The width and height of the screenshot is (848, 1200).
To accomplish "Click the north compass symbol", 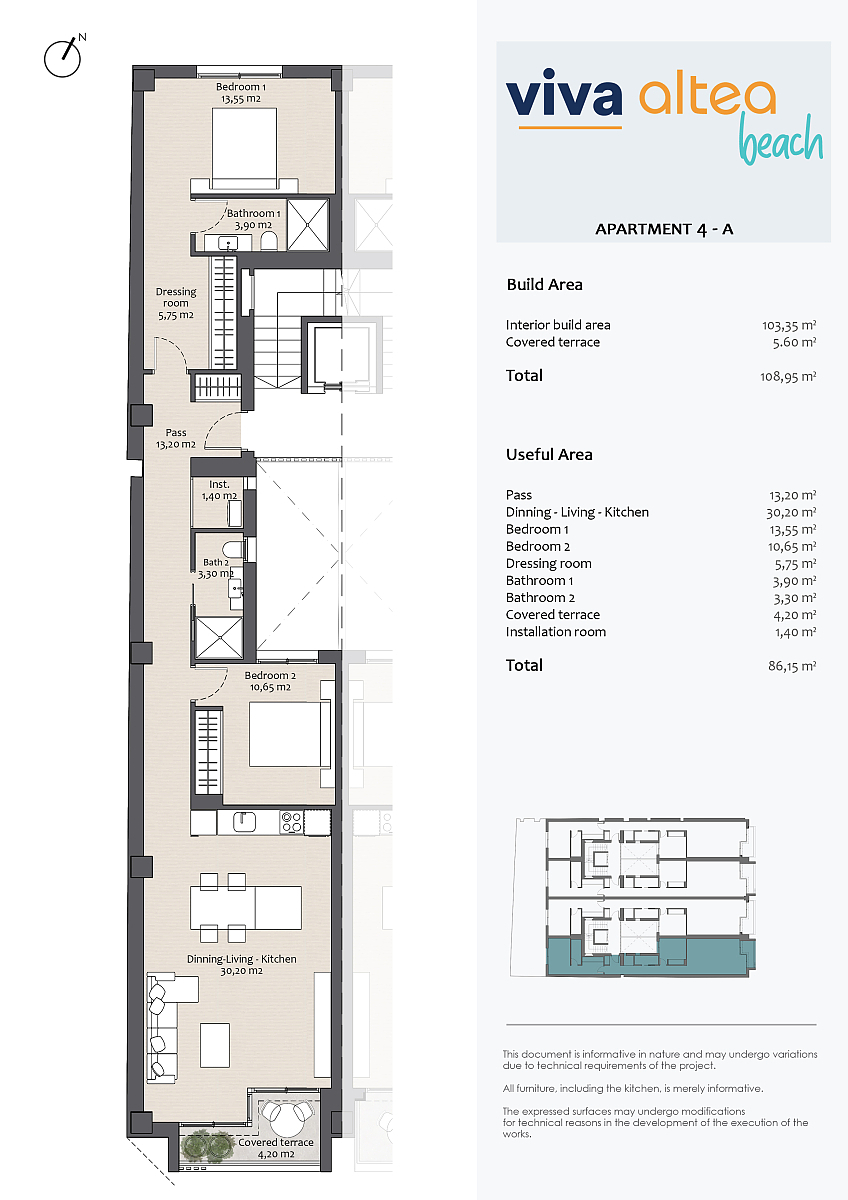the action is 63,56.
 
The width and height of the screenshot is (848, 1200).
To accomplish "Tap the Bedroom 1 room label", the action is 241,92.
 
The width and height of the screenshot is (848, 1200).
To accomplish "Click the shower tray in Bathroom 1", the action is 308,225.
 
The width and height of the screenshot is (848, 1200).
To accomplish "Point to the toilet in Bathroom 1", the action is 269,241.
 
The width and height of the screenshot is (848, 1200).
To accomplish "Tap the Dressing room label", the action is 176,303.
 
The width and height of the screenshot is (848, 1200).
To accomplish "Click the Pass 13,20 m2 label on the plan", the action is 176,438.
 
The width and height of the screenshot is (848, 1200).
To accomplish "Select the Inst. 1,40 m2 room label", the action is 219,490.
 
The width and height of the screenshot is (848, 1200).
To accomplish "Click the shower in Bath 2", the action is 219,638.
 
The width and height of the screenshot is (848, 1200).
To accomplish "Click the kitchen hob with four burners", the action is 291,822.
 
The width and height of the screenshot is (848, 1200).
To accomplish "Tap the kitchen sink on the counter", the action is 244,821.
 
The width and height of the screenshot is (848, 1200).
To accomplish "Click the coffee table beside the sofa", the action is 215,1045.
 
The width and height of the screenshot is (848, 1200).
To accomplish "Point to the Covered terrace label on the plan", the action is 276,1148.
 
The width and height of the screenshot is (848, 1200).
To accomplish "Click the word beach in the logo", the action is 781,139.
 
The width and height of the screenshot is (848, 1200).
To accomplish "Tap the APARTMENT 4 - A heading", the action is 664,229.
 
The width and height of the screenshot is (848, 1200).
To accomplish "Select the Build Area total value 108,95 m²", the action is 788,377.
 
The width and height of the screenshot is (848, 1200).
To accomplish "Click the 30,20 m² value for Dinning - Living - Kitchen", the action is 791,513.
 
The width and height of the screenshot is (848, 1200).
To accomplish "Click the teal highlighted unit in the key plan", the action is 651,956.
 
